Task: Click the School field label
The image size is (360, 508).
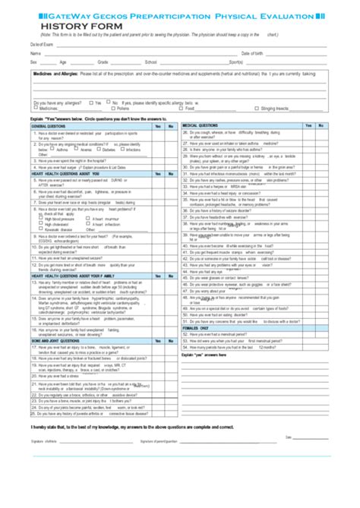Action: tap(150, 62)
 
